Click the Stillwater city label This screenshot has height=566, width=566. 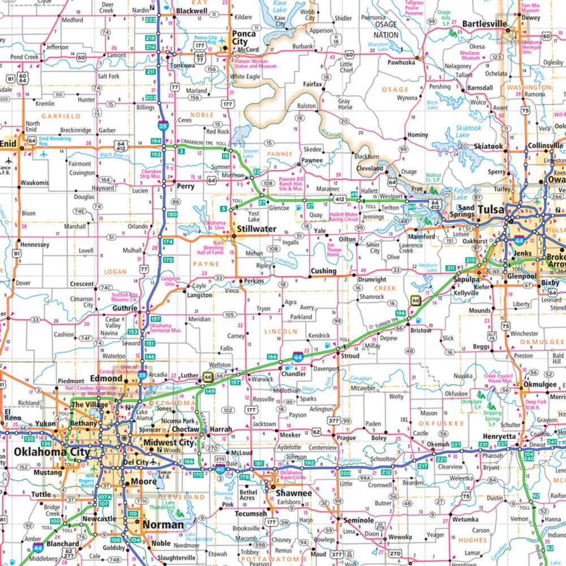256,229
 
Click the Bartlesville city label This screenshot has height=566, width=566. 483,24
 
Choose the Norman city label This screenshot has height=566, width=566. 163,525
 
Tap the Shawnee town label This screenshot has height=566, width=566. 293,493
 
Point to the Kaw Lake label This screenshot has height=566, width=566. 280,7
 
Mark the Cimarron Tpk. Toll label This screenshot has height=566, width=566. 198,141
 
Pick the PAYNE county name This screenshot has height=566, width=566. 205,264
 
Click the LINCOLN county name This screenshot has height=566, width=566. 281,331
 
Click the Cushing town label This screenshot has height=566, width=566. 323,271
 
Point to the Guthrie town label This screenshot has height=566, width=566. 125,308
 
